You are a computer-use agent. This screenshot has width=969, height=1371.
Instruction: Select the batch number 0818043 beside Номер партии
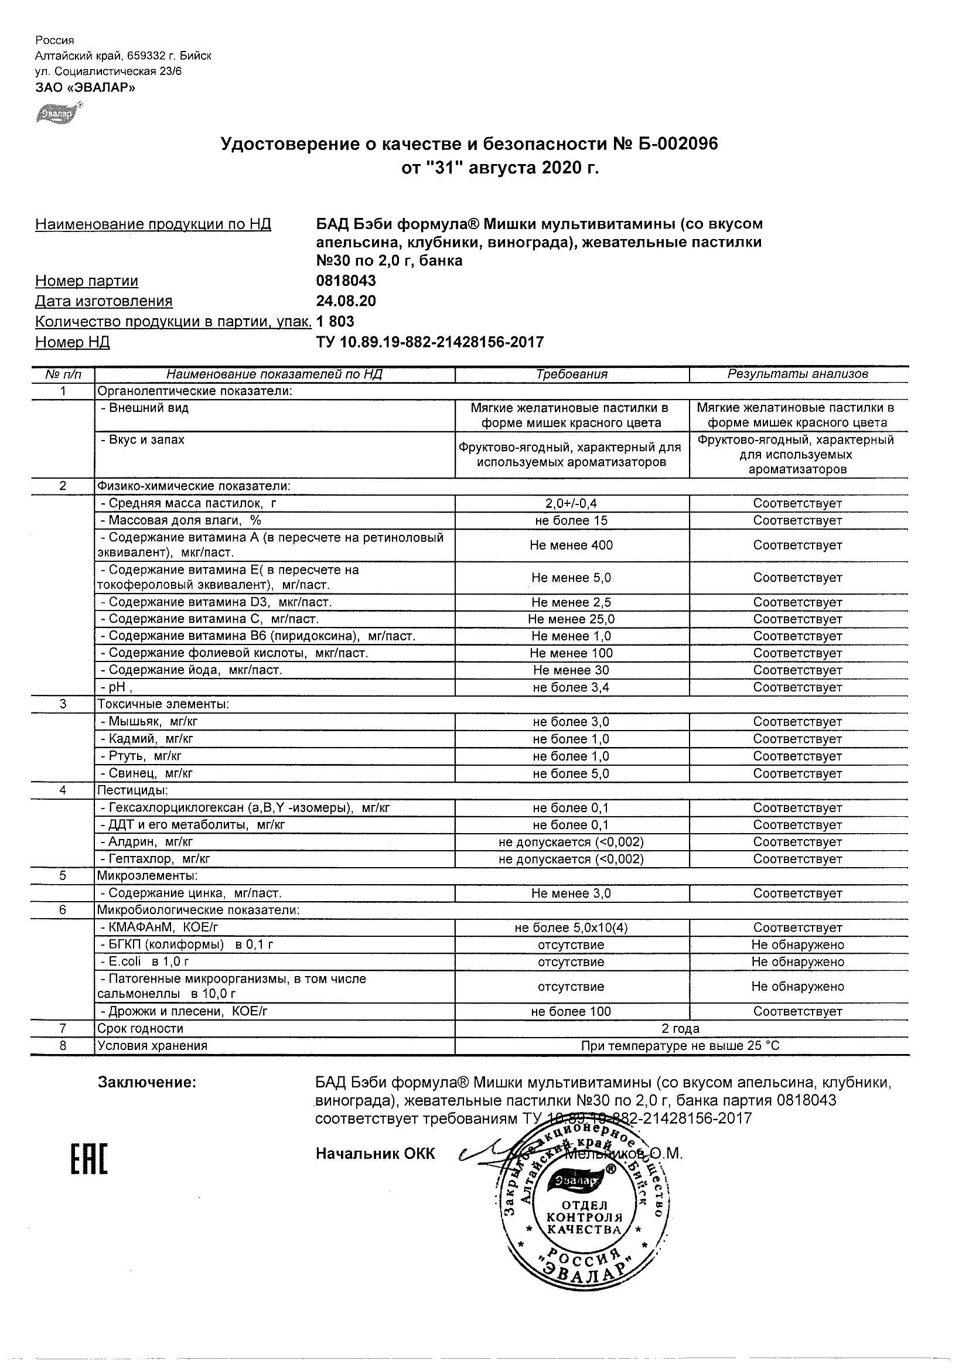coord(346,281)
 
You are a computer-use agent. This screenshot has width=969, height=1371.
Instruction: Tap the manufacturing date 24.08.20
coord(346,301)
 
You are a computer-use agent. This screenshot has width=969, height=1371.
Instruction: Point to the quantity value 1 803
coord(335,321)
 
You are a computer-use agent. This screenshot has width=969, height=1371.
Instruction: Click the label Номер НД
coord(72,342)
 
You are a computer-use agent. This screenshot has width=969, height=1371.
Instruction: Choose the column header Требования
coord(571,374)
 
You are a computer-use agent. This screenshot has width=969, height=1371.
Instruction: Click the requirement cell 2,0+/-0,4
coord(571,503)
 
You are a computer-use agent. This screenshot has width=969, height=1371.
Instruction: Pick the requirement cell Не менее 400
coord(571,545)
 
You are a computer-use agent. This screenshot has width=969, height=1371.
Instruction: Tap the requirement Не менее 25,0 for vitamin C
coord(571,619)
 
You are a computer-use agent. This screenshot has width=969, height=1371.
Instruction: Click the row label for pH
coord(117,687)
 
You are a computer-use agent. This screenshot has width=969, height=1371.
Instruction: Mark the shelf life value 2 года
coord(681,1028)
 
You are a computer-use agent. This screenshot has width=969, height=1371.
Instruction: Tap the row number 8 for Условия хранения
coord(63,1046)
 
